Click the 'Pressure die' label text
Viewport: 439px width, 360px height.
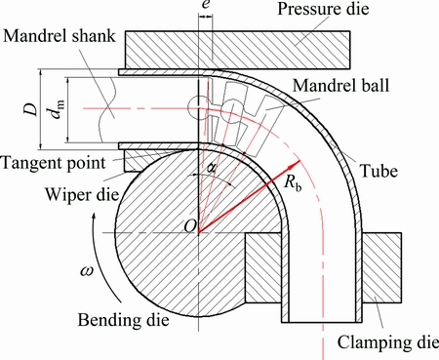(323, 9)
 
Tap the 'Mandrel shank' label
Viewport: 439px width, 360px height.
(60, 36)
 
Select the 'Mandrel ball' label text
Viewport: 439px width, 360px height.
(340, 86)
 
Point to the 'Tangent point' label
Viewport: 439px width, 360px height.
(54, 163)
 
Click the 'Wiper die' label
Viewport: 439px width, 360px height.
(82, 195)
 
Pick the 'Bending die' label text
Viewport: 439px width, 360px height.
(123, 320)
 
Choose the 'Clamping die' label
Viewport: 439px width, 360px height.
(387, 342)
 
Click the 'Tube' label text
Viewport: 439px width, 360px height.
(379, 171)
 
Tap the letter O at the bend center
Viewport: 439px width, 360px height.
(190, 225)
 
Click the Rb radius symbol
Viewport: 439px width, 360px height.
(293, 182)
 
